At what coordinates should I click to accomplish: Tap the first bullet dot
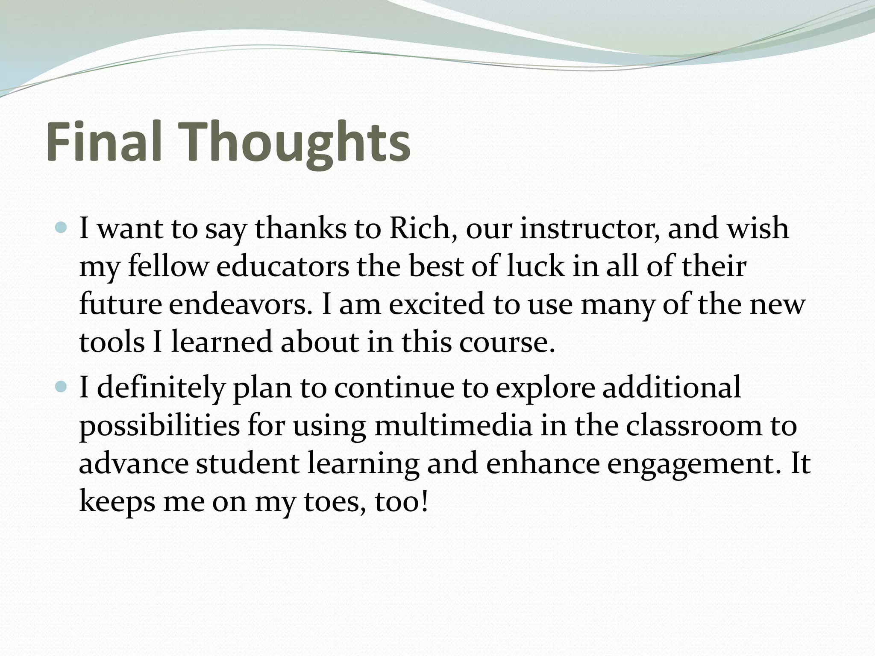(62, 228)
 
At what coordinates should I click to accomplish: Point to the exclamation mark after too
(424, 501)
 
